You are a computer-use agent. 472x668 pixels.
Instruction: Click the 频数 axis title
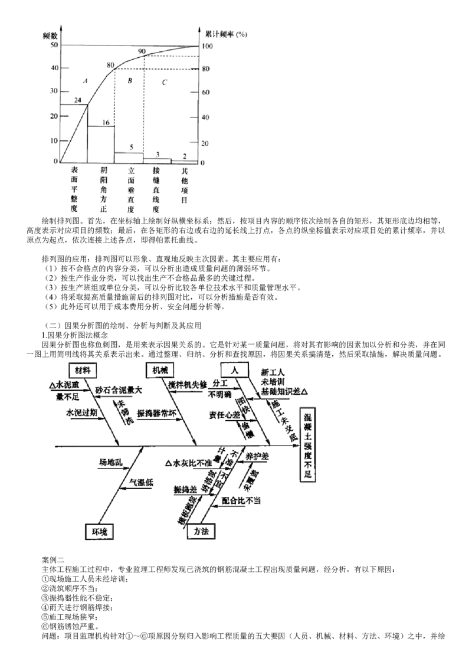(50, 35)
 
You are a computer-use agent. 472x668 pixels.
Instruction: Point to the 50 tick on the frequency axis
(54, 45)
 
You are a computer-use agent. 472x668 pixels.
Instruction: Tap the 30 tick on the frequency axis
(54, 91)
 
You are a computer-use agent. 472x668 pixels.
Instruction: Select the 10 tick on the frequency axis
(54, 140)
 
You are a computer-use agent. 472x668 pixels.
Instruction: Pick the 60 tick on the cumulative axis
(206, 93)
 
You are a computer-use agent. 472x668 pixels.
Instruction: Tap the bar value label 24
(77, 100)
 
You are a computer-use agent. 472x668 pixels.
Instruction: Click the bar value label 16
(106, 123)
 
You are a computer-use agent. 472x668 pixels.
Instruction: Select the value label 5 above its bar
(132, 146)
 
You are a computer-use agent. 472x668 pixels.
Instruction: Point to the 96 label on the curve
(142, 53)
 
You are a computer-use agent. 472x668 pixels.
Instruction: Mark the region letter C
(165, 83)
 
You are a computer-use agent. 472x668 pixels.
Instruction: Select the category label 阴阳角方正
(104, 189)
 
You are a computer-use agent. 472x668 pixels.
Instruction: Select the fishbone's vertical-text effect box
(307, 445)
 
